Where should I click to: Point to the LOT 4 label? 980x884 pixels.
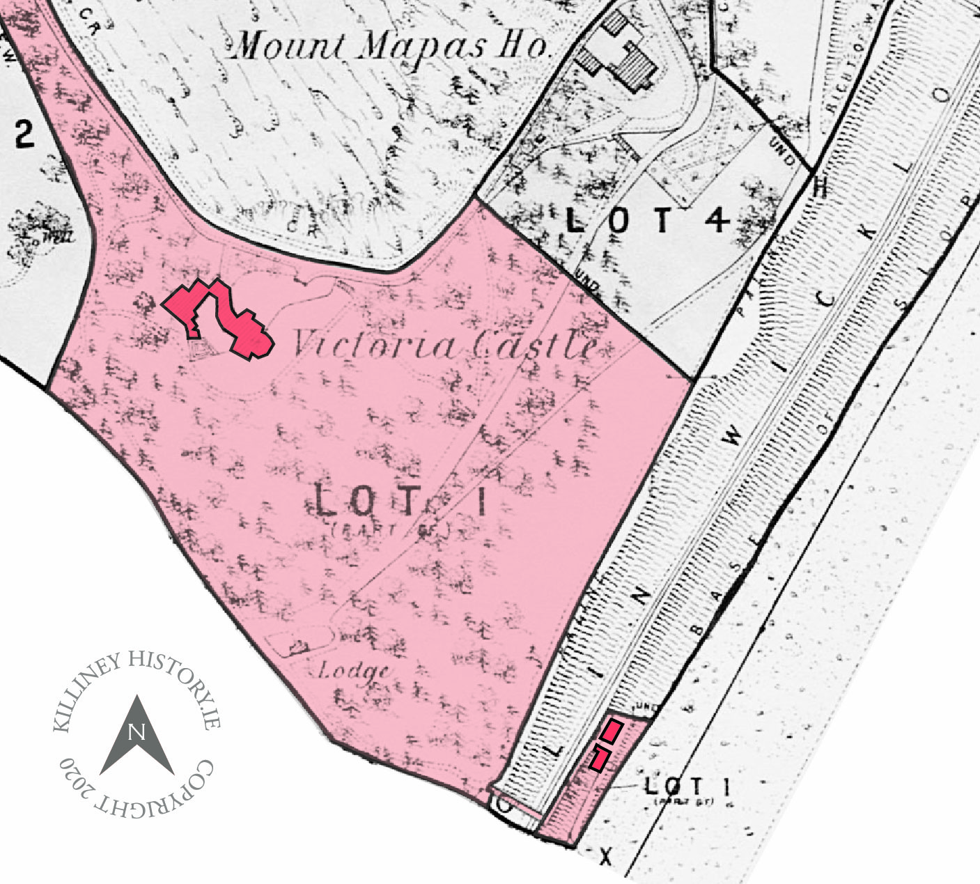coord(648,221)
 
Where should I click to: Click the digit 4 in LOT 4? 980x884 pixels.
coord(717,221)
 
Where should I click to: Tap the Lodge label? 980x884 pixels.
coord(353,671)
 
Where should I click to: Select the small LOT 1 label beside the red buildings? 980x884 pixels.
coord(687,787)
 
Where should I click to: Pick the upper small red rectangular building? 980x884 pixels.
coord(612,731)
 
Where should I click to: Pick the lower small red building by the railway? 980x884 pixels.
coord(600,758)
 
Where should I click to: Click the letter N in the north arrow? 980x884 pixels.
coord(137,732)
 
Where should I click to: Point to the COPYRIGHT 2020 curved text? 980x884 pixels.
coord(139,794)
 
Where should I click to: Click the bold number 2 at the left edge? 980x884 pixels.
coord(24,134)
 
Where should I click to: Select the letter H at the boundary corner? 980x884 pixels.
coord(821,187)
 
